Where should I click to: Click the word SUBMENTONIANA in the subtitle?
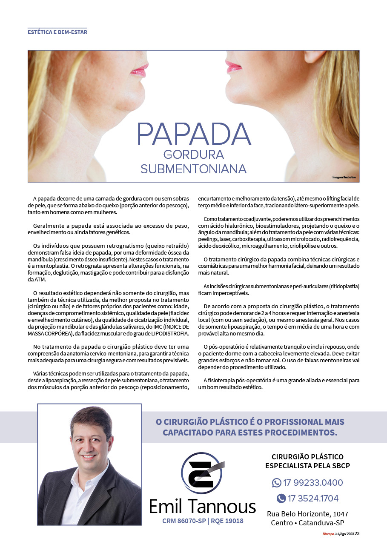point(193,169)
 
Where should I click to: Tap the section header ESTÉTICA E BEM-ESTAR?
point(57,32)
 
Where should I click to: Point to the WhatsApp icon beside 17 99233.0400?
point(277,483)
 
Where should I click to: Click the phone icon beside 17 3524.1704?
point(281,498)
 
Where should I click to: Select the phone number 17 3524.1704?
point(313,498)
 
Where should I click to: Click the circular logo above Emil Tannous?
point(202,473)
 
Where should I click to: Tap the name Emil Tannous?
point(202,506)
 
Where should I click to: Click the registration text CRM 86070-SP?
point(183,521)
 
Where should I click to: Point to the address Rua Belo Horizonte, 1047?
point(307,514)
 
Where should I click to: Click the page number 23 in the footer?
point(357,534)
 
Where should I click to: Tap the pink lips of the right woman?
point(233,66)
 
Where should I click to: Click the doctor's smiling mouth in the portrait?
point(89,457)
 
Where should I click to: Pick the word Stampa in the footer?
point(327,534)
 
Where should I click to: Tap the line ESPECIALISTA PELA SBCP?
point(307,466)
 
